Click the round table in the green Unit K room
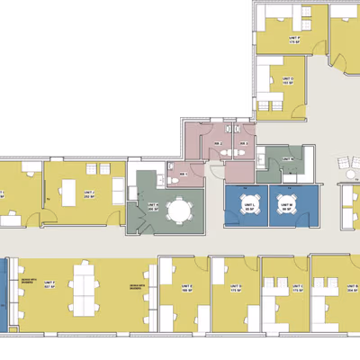coord(180,211)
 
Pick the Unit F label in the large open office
coord(49,285)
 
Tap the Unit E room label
coord(188,289)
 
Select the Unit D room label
coord(237,289)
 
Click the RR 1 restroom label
coord(184,174)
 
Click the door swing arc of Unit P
coord(338,60)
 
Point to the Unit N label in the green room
coord(290,159)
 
